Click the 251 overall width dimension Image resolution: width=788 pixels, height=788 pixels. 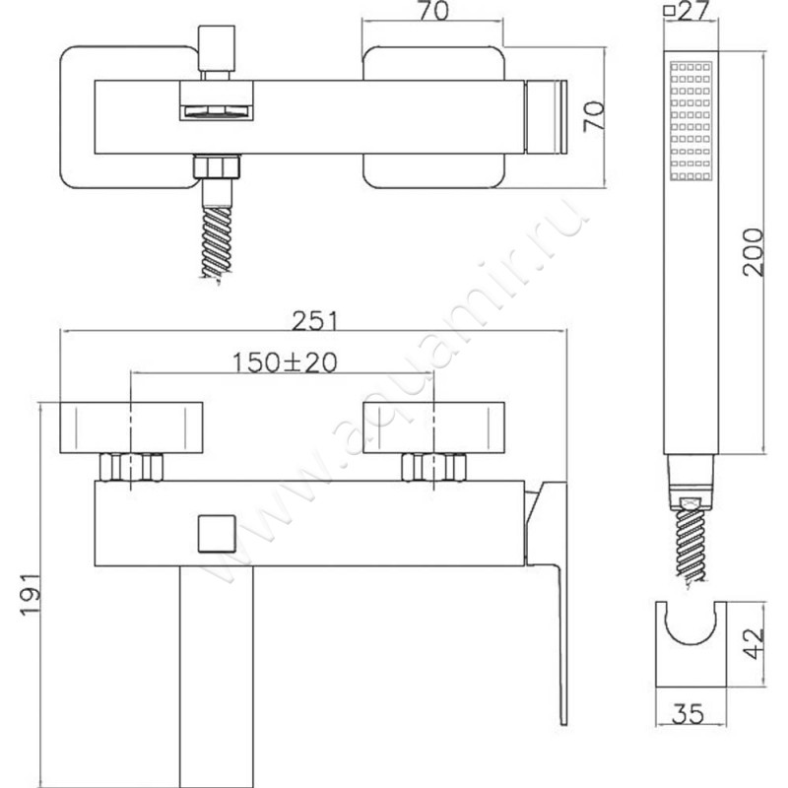coord(315,321)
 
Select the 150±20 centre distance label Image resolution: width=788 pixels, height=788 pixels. coord(285,362)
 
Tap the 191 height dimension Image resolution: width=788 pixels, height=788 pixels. coord(30,594)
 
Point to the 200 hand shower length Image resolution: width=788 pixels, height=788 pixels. coord(753,252)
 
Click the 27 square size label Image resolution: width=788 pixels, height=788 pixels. coord(693,10)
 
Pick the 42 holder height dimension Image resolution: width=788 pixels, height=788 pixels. coord(754,643)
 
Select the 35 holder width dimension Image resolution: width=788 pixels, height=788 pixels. coord(689,713)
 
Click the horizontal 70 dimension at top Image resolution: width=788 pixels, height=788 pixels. coord(433,11)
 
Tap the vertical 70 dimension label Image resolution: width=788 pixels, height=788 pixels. coord(594,116)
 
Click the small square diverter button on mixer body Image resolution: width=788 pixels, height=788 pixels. coord(217,533)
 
